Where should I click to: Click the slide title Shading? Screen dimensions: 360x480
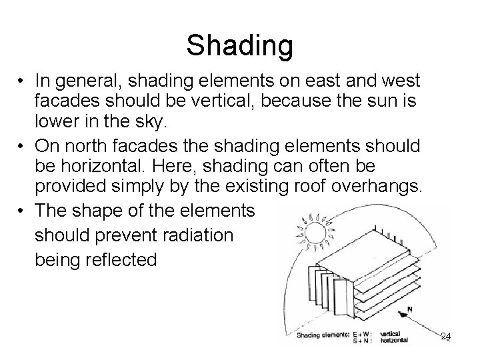(239, 45)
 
